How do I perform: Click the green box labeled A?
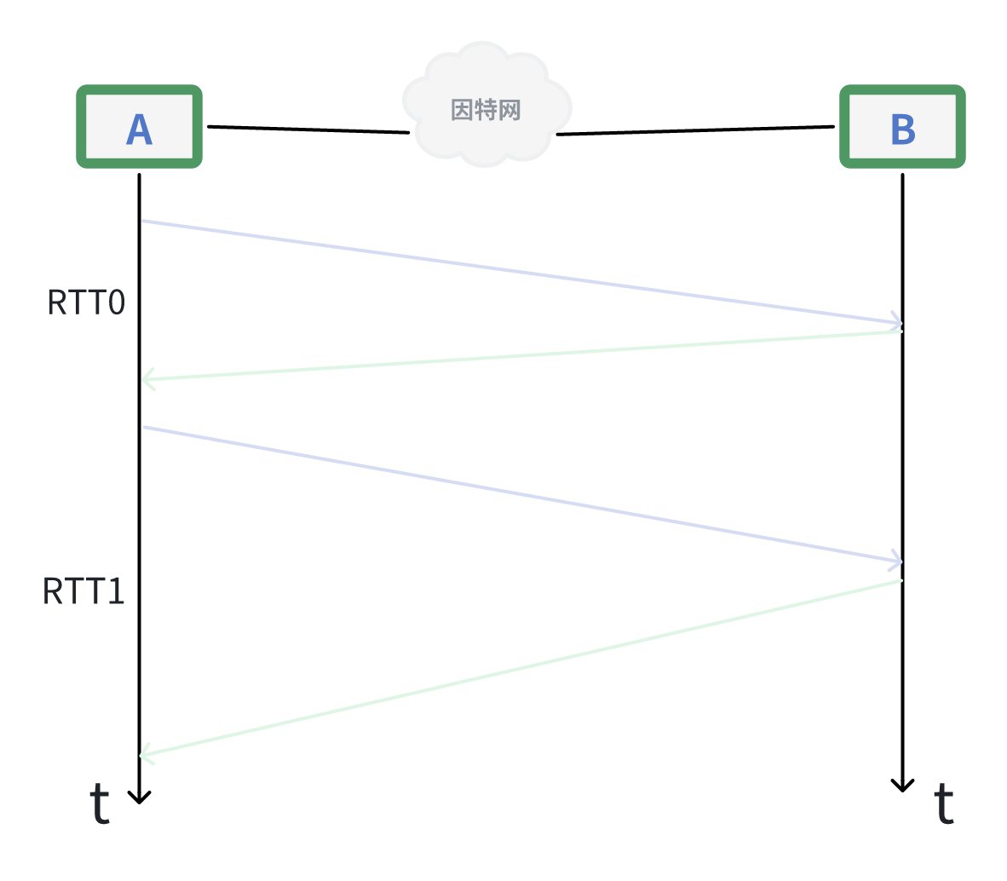[x=140, y=127]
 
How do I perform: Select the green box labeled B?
[x=902, y=127]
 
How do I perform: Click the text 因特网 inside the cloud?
[x=486, y=110]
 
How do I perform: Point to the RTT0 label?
[x=86, y=303]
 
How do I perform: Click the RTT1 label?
[x=83, y=591]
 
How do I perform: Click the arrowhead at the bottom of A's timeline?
[x=139, y=798]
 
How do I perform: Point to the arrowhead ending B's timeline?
[x=902, y=786]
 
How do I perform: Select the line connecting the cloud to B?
[x=695, y=130]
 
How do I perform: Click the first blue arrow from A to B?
[x=520, y=273]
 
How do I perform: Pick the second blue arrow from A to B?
[x=520, y=494]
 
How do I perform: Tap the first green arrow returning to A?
[x=520, y=355]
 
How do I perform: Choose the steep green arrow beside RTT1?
[x=520, y=667]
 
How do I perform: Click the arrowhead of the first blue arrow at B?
[x=897, y=323]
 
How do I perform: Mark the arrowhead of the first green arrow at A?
[x=147, y=379]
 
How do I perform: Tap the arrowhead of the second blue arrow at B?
[x=897, y=561]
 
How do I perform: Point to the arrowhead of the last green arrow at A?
[x=146, y=754]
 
